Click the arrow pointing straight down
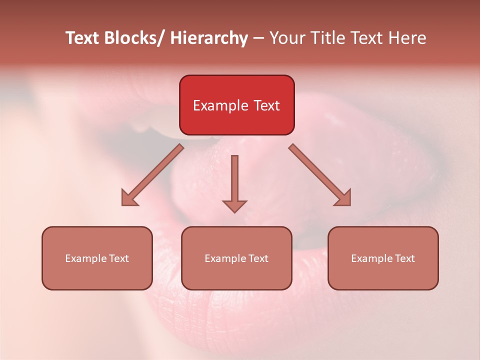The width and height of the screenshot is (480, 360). pyautogui.click(x=235, y=180)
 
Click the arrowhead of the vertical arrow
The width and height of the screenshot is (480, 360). pyautogui.click(x=235, y=205)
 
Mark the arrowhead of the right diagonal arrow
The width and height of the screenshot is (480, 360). pyautogui.click(x=343, y=198)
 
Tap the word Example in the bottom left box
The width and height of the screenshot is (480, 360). pyautogui.click(x=86, y=258)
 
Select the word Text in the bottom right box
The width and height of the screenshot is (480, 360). pyautogui.click(x=405, y=258)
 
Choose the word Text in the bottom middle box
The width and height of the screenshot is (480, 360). pyautogui.click(x=258, y=258)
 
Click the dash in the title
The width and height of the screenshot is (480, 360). pyautogui.click(x=258, y=38)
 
